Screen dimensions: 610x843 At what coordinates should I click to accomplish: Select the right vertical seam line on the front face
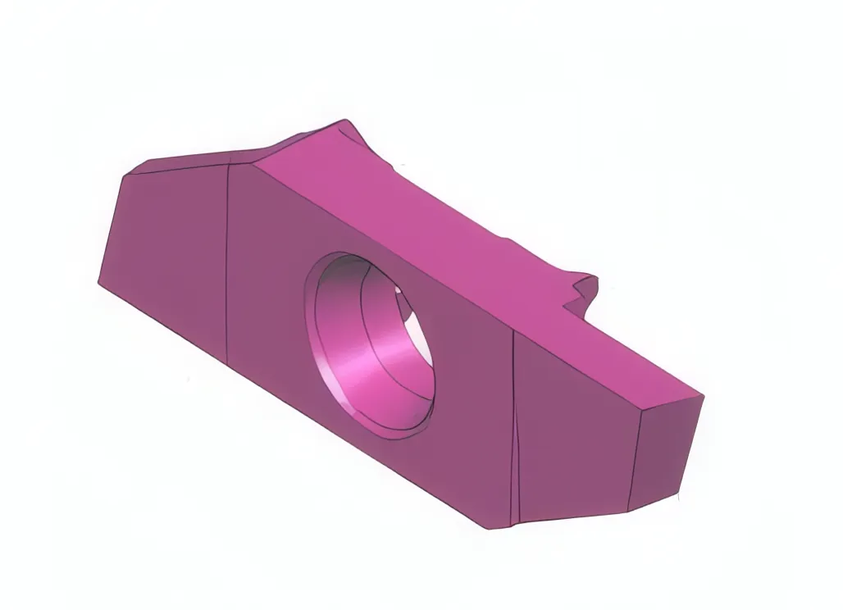coord(513,426)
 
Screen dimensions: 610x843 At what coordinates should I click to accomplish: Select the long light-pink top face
coord(426,230)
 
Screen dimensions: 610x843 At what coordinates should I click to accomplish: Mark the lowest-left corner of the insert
coord(99,282)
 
